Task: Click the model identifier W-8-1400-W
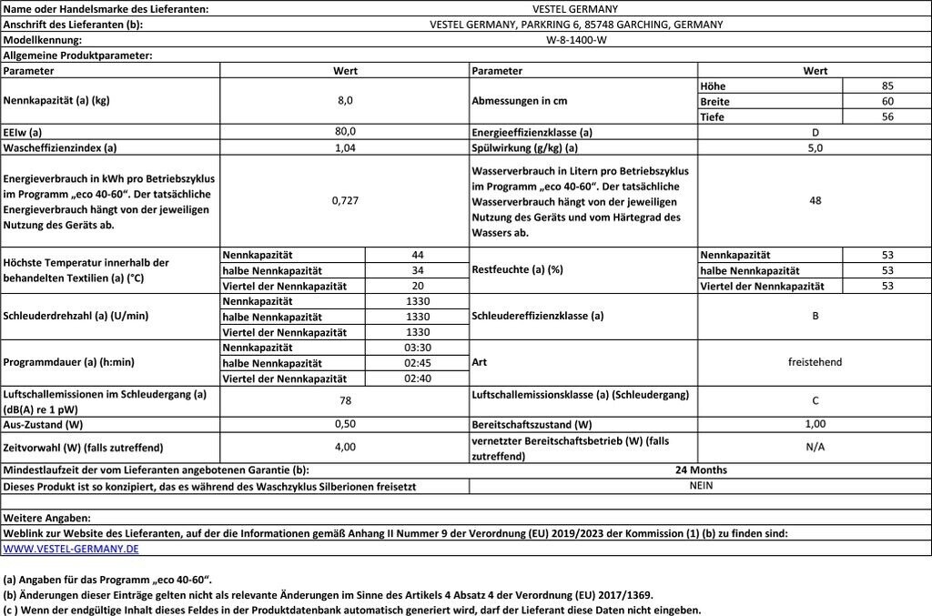[576, 40]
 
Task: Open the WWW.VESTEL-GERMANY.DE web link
[71, 549]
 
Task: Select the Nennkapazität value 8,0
[345, 101]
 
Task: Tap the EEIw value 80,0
[345, 132]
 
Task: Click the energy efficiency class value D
[815, 132]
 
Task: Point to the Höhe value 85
[887, 86]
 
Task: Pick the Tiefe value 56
[887, 116]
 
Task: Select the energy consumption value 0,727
[345, 200]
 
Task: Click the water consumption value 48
[815, 200]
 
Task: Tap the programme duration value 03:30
[417, 348]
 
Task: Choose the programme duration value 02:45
[417, 363]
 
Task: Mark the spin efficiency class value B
[815, 317]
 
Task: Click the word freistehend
[815, 362]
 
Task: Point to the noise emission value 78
[345, 400]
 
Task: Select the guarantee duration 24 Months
[700, 470]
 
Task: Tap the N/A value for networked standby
[815, 447]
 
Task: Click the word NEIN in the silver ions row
[700, 486]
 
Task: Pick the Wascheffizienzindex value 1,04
[345, 147]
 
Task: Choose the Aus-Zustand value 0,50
[345, 424]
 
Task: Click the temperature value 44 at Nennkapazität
[417, 255]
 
